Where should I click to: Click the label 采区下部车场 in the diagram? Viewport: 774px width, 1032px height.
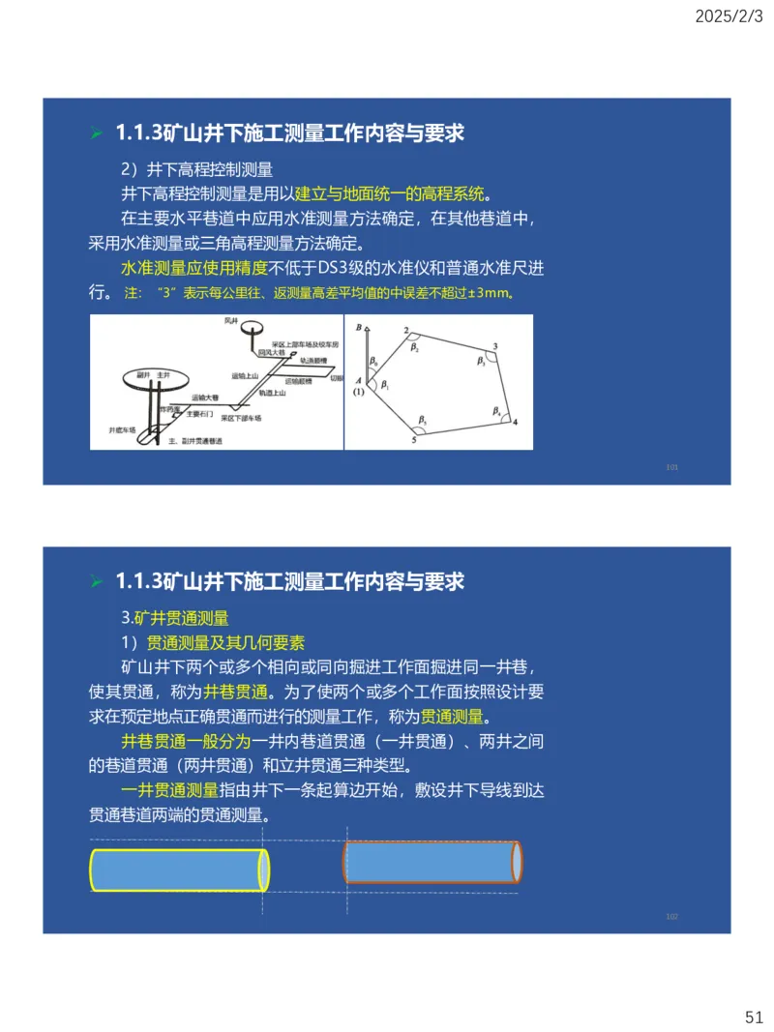tap(241, 418)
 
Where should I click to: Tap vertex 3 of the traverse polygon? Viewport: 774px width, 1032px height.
tap(495, 345)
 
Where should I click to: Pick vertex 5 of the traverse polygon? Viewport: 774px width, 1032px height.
tap(414, 440)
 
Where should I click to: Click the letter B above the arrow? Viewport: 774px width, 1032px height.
tap(358, 328)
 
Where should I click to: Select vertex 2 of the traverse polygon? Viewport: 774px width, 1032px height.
tap(405, 331)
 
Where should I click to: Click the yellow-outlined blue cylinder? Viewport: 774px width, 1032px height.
tap(179, 869)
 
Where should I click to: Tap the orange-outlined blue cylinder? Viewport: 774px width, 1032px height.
tap(433, 862)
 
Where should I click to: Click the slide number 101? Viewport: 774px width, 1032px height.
tap(672, 467)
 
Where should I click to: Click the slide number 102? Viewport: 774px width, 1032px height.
tap(672, 915)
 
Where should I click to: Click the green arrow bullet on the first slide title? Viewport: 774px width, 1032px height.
tap(96, 133)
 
